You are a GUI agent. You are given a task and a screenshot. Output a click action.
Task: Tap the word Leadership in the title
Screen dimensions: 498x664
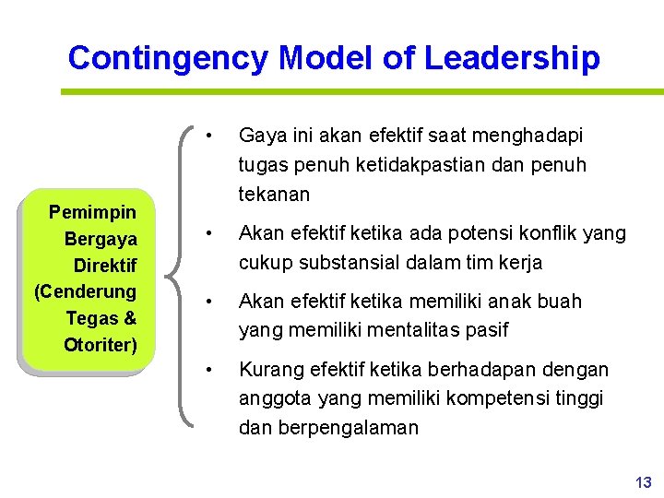point(512,58)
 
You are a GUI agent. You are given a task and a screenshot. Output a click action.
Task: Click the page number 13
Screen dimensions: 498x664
point(643,482)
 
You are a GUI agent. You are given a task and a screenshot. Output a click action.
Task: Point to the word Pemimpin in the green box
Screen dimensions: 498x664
point(92,213)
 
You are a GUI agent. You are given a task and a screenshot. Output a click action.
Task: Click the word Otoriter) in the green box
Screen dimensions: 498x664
point(101,345)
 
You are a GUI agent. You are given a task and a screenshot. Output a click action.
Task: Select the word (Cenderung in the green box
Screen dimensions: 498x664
point(85,291)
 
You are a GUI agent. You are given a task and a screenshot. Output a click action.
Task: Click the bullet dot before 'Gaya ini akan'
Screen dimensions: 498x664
point(211,135)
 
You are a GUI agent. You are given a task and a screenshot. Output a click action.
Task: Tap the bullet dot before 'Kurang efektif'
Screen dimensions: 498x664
point(211,370)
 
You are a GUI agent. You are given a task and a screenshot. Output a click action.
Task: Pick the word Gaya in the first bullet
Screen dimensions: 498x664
point(259,136)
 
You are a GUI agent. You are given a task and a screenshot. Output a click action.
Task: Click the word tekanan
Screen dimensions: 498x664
point(275,195)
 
